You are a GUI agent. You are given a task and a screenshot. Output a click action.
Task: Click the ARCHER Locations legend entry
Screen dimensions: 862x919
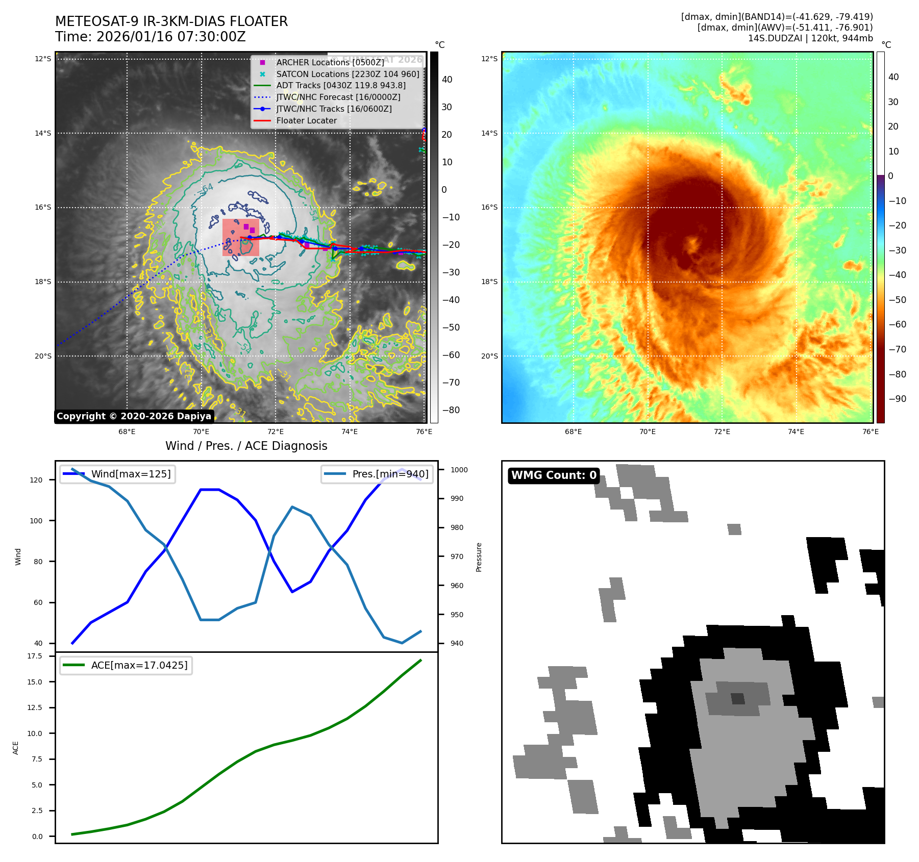330,62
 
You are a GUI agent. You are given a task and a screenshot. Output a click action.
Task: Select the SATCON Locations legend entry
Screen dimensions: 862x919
347,74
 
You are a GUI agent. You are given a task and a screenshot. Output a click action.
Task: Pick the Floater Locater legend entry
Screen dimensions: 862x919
306,121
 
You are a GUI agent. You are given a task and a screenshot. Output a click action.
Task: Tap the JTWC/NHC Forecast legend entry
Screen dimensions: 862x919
338,97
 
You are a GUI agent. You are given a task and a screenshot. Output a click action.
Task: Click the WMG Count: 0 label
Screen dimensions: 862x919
554,475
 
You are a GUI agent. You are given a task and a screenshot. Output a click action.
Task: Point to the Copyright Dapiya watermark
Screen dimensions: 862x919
134,416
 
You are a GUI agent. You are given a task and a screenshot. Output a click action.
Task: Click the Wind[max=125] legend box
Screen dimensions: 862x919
118,474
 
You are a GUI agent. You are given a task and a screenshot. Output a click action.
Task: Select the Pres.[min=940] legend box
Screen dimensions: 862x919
377,474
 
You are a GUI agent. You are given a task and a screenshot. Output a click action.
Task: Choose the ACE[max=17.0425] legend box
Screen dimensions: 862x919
126,666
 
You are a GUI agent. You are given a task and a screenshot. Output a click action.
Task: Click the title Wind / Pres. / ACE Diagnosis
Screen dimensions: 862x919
246,446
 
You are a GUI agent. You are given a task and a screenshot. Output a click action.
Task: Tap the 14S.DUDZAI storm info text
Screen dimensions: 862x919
810,38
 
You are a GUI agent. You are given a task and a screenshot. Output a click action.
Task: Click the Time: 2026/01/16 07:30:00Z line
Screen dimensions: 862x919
151,37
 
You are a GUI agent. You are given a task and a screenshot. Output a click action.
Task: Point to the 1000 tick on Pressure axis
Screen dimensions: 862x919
459,470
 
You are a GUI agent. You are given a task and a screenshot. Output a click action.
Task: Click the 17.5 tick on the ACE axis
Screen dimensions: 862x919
35,656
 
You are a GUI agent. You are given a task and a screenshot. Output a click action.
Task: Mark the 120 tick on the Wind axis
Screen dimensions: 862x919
36,480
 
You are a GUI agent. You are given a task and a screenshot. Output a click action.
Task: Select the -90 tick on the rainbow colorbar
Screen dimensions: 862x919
897,399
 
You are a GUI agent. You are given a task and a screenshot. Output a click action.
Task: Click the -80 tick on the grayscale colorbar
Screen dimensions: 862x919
451,410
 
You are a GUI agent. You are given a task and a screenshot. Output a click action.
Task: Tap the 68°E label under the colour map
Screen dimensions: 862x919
573,432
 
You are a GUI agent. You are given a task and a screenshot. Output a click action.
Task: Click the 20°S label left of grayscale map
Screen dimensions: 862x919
43,356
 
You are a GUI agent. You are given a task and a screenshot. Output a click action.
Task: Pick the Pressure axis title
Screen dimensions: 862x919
479,557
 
